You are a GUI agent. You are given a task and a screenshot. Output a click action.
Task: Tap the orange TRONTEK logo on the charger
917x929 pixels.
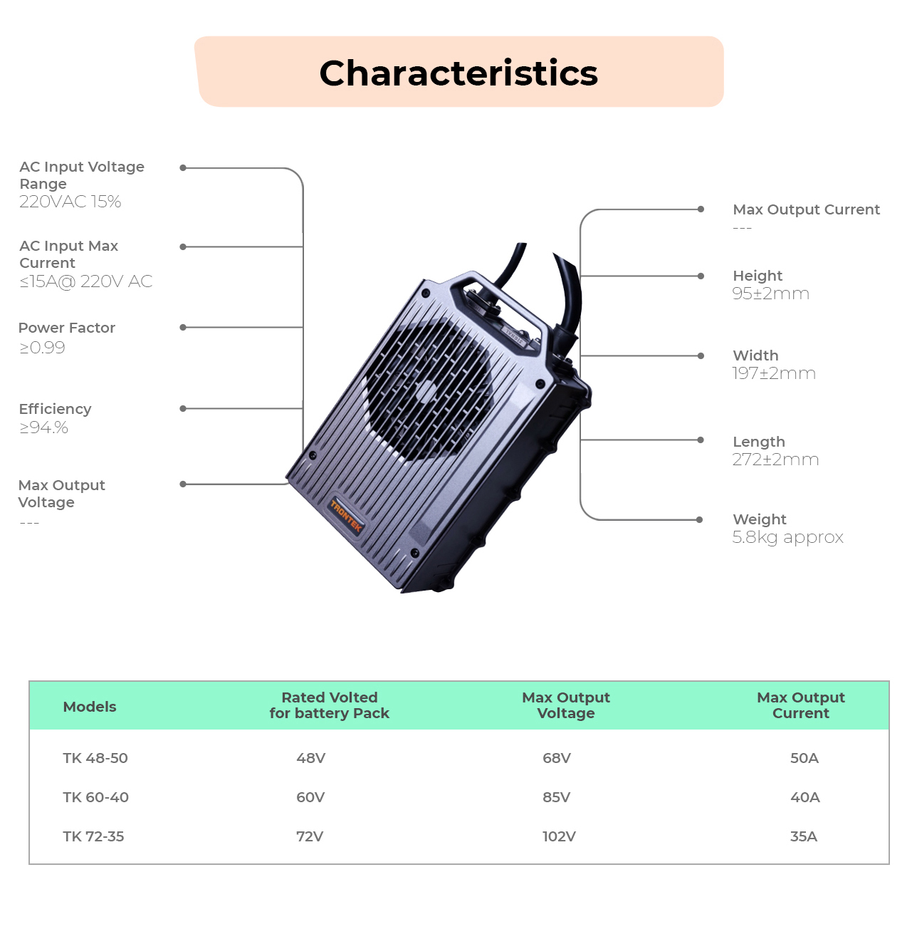point(345,516)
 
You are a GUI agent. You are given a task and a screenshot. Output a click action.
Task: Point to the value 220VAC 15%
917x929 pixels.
point(70,202)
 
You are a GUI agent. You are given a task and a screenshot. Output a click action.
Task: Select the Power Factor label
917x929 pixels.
point(66,328)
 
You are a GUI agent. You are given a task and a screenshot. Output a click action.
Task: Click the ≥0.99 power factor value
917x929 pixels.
point(42,348)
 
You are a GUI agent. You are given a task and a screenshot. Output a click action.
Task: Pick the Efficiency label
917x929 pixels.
point(55,410)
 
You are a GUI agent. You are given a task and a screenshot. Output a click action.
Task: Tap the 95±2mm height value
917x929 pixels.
point(770,294)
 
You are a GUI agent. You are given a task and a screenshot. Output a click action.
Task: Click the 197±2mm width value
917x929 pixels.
point(774,373)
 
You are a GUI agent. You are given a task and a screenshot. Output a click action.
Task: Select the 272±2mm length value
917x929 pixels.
point(775,460)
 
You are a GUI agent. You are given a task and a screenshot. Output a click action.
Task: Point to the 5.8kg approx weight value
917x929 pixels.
point(788,538)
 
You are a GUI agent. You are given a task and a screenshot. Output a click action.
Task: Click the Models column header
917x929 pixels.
point(90,707)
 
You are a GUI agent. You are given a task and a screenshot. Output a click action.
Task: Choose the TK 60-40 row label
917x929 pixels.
point(95,797)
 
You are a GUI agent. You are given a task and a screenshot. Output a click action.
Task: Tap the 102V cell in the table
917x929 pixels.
point(559,836)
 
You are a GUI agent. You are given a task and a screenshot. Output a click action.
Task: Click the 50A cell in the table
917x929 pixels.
point(805,758)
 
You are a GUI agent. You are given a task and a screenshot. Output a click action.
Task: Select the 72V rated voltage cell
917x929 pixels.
point(310,836)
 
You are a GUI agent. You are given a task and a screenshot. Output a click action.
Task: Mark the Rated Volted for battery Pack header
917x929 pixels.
point(329,705)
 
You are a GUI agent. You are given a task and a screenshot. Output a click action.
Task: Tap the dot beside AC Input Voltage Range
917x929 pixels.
point(183,167)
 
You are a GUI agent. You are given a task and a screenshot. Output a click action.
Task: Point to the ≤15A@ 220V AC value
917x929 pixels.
point(85,281)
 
